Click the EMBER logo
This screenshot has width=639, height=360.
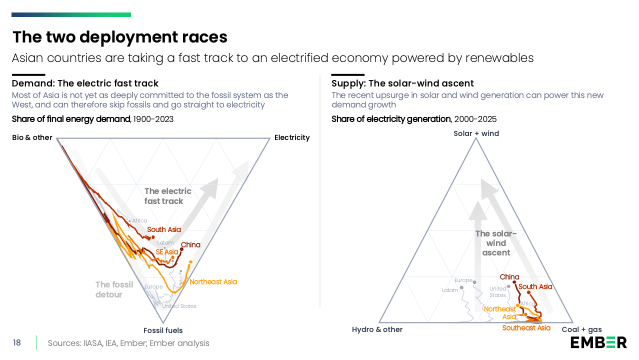pos(598,342)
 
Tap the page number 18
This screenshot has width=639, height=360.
pos(17,342)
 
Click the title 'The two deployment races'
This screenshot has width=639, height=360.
pos(120,37)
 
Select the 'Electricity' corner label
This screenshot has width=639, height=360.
pos(292,137)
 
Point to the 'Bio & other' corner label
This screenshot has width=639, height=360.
pos(32,137)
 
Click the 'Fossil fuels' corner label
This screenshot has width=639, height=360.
pos(163,330)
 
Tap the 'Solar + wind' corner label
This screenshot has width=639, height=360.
pos(476,133)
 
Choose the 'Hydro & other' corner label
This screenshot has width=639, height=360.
pos(377,329)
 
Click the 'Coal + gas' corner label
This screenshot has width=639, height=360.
pos(581,329)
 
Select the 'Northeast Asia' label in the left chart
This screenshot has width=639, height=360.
pos(213,282)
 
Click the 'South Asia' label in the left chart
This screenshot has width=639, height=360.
pos(164,229)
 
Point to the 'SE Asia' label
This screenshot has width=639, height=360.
pos(167,252)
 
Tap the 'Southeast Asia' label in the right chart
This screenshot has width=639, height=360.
pos(526,328)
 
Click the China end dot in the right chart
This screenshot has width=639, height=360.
pos(514,282)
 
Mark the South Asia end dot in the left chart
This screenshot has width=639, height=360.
pos(153,237)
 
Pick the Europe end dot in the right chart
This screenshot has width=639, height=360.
pos(474,282)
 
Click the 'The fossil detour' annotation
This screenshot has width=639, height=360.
pos(114,289)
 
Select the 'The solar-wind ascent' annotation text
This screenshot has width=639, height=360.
pos(496,243)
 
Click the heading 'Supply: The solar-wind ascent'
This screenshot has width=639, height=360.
pos(402,83)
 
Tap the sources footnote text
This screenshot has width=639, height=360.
pos(128,343)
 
